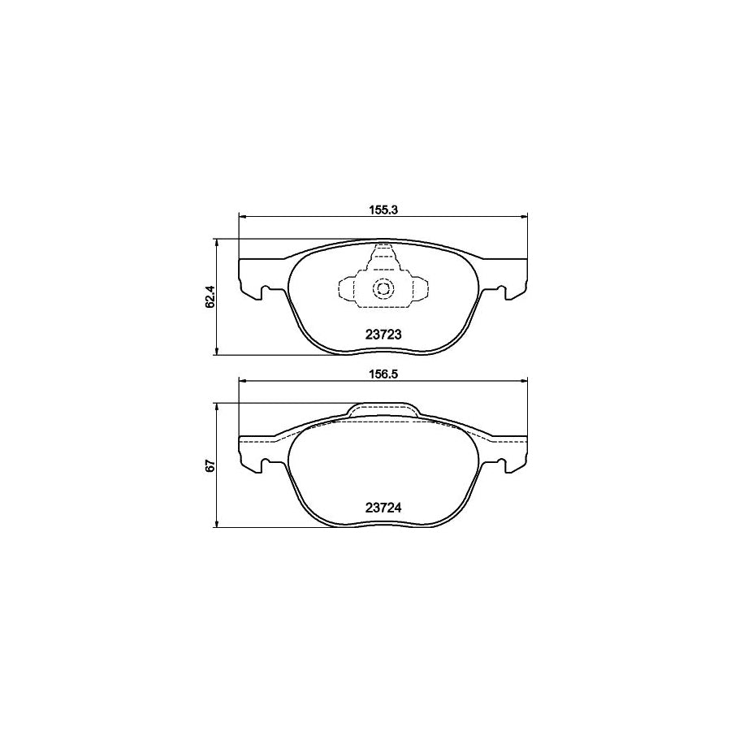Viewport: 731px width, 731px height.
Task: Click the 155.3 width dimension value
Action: point(382,209)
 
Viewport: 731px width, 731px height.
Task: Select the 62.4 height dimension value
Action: point(210,297)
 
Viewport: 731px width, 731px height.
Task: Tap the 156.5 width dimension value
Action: point(382,374)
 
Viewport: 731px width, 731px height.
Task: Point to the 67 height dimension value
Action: point(210,465)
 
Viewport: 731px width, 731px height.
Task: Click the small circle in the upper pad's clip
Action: point(382,288)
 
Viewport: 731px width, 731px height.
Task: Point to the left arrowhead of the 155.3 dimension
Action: point(240,216)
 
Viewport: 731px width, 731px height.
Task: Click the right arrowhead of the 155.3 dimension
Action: point(525,216)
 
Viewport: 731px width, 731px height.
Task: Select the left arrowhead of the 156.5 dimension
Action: point(240,382)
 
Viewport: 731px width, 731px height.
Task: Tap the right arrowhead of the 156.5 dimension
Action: point(525,382)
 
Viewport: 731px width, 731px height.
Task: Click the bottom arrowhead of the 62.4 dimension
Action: point(217,352)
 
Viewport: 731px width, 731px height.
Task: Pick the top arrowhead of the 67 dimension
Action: point(217,406)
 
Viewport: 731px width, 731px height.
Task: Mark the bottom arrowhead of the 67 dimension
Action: point(217,525)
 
